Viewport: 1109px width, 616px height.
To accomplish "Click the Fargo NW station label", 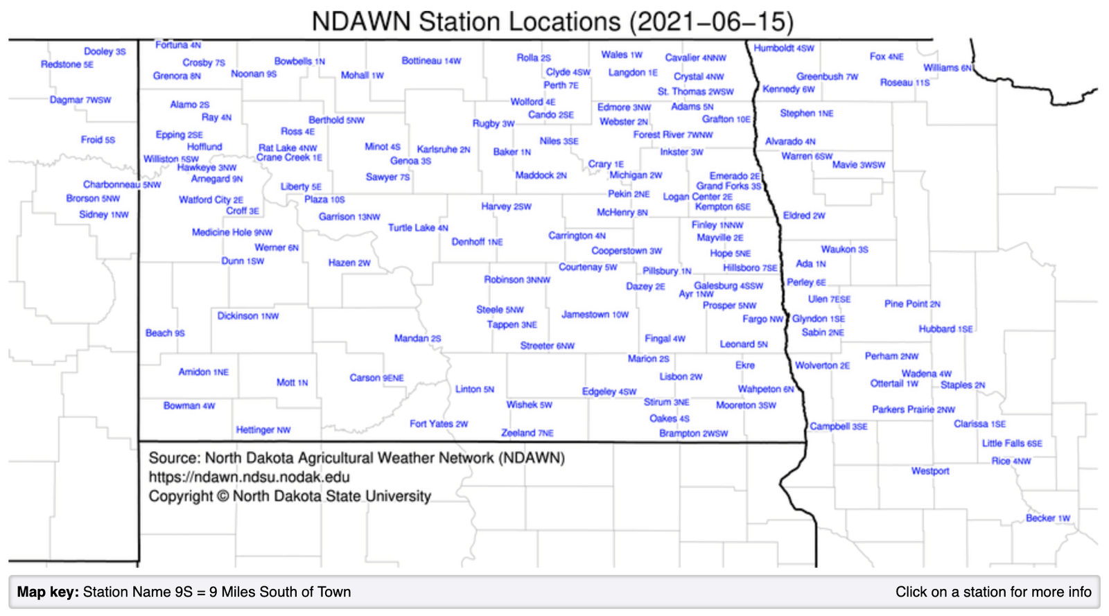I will click(762, 319).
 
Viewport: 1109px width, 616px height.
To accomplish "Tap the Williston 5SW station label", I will click(171, 159).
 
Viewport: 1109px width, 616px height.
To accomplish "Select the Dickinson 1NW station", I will click(247, 316).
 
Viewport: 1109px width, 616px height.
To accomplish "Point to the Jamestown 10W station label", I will click(595, 315).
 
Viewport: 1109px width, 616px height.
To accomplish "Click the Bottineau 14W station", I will click(431, 61).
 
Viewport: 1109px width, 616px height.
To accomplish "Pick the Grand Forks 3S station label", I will click(728, 186).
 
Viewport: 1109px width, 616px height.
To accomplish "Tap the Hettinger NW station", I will click(263, 430).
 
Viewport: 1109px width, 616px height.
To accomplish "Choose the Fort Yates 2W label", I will click(439, 424).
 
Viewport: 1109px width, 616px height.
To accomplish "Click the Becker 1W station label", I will click(1048, 518).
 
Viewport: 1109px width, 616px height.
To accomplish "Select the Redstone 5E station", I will click(67, 64).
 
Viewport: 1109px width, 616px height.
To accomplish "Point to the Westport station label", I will click(930, 471).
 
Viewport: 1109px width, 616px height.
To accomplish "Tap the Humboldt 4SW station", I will click(784, 49).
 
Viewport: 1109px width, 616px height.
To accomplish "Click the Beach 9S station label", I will click(165, 333).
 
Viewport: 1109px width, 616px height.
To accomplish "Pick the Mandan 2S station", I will click(417, 339).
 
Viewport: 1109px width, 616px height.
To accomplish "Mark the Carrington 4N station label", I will click(577, 236).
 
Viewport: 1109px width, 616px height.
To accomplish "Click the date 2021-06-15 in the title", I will click(711, 21).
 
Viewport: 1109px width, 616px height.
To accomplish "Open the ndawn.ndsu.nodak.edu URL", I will click(249, 477).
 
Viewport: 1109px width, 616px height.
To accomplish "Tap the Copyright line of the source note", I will click(290, 497).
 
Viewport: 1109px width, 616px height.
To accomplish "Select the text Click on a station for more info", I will click(993, 592).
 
